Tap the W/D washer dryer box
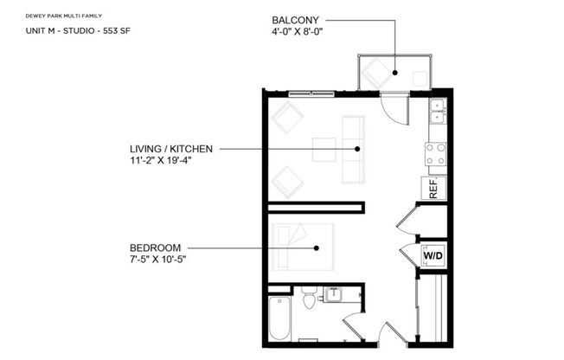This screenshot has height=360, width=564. pyautogui.click(x=433, y=256)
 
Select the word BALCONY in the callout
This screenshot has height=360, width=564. pyautogui.click(x=295, y=19)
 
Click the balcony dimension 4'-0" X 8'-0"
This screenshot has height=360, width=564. pyautogui.click(x=303, y=33)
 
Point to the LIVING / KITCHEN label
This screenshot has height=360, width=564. pyautogui.click(x=166, y=149)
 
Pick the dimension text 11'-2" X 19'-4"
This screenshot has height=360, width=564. pyautogui.click(x=159, y=161)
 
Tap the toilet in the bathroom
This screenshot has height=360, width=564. pyautogui.click(x=309, y=300)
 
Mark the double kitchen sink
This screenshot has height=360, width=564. pyautogui.click(x=437, y=109)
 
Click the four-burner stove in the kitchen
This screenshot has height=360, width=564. pyautogui.click(x=436, y=154)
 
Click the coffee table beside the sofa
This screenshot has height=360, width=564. pyautogui.click(x=324, y=149)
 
